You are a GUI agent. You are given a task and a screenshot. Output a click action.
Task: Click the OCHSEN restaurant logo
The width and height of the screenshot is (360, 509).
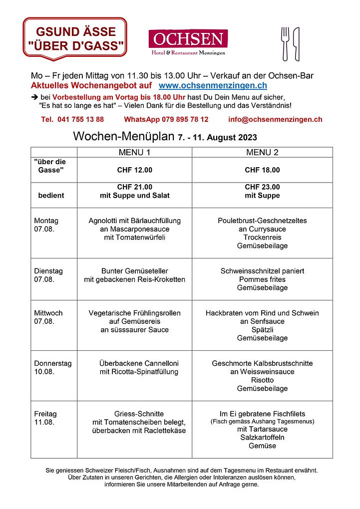coord(188,41)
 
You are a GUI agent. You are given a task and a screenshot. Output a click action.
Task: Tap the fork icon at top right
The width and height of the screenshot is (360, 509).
coord(286,43)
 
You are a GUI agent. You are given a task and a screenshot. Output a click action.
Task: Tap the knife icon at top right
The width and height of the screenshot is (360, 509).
coord(296,43)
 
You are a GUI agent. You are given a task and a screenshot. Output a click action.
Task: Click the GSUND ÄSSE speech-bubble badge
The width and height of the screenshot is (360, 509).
coord(75,39)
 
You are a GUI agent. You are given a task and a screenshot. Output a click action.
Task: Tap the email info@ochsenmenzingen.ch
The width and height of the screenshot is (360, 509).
coord(275,119)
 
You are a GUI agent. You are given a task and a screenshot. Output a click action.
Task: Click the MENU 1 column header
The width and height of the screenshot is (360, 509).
coord(134,152)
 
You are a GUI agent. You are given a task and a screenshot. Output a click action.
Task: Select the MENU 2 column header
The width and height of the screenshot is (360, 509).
coord(262,152)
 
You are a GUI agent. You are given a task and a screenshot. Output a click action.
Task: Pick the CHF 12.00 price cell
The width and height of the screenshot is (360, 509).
coord(134,170)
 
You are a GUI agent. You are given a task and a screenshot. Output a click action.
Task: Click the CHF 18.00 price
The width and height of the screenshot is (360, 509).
coord(262,170)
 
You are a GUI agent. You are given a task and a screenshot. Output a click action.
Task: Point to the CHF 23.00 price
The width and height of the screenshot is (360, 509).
coord(262,187)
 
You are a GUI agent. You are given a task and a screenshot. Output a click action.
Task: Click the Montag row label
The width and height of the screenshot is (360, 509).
coord(46,221)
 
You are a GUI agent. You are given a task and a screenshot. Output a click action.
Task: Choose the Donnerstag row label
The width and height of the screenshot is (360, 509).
coord(52,363)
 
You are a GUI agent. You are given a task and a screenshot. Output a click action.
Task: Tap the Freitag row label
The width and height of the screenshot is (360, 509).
coord(45,414)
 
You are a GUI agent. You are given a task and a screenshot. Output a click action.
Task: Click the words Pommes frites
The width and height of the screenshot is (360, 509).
coord(262,279)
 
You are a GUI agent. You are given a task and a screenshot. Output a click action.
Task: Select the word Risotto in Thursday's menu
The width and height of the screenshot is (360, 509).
coord(262,380)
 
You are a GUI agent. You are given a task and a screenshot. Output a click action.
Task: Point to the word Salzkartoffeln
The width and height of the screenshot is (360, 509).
coord(262,438)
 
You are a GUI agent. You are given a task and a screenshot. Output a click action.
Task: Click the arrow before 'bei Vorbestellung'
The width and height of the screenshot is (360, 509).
coord(34,97)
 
